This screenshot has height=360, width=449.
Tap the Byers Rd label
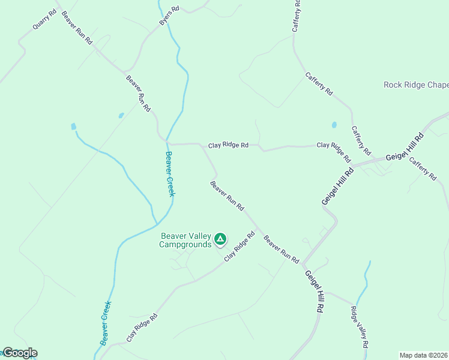click(x=169, y=16)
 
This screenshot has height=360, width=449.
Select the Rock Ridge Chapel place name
click(x=416, y=85)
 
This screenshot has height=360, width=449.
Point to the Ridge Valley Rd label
click(x=358, y=327)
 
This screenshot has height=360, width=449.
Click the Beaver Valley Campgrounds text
click(x=185, y=240)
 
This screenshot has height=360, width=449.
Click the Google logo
click(x=19, y=353)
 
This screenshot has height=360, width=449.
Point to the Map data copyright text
click(x=424, y=355)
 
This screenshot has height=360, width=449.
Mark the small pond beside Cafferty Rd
click(x=334, y=125)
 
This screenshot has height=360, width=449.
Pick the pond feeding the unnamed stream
click(x=74, y=127)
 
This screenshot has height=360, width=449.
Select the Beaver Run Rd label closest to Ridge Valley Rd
click(x=282, y=250)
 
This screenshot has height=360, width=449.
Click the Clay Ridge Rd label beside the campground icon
click(x=240, y=247)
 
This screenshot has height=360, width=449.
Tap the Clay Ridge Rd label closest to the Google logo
click(x=142, y=326)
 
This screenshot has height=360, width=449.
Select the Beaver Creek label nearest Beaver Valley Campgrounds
click(x=170, y=174)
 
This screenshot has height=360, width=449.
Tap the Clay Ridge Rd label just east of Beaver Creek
click(x=228, y=145)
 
